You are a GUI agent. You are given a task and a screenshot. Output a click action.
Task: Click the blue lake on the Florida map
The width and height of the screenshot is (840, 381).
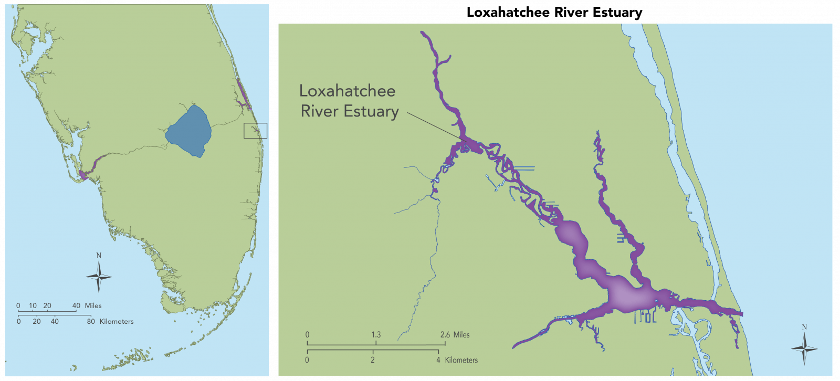point(190,131)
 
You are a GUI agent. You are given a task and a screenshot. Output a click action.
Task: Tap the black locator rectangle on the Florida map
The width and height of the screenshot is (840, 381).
point(255,131)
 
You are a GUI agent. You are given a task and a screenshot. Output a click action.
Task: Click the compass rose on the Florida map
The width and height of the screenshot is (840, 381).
point(99,276)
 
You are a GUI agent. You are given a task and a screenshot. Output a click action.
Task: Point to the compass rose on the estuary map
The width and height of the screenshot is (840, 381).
point(804,348)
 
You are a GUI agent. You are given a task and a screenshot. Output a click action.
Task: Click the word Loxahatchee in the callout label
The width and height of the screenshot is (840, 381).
point(347,91)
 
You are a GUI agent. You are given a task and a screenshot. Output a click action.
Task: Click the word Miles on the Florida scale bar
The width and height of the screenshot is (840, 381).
point(93,305)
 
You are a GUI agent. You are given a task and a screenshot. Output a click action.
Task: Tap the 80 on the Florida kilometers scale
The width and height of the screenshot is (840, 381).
point(91,321)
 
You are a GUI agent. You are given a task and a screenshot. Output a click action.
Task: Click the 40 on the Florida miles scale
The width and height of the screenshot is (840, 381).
point(76,305)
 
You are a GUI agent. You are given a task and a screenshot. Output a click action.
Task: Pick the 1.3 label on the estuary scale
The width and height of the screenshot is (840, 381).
point(376,334)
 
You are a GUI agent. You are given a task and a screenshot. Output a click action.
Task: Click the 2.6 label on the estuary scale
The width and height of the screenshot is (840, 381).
point(445,334)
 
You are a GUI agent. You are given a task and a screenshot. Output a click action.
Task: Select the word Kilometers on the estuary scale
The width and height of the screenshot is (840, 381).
point(461,360)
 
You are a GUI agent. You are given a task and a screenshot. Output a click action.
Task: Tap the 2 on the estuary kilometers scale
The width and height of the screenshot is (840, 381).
point(373,360)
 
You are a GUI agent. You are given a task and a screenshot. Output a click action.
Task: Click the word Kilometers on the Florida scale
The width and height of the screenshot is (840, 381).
point(117,321)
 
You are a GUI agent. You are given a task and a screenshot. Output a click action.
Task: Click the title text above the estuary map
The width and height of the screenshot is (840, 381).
point(554,13)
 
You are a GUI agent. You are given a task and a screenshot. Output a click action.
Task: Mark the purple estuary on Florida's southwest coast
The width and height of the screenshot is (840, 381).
point(84,174)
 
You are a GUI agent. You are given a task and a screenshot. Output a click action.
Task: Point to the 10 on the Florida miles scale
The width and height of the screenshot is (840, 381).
point(33,305)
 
